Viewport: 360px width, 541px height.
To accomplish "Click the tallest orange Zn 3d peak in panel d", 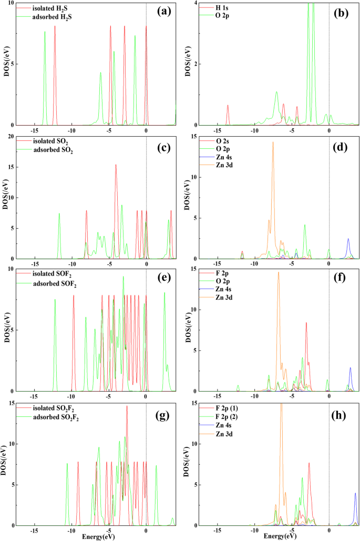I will [x=273, y=143].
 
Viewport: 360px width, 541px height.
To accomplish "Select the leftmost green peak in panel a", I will [x=45, y=33].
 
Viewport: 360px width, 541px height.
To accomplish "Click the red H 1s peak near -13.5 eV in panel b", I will [x=228, y=106].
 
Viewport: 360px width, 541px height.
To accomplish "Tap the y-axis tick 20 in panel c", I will [x=11, y=137].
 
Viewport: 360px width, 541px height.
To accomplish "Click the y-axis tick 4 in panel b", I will [x=194, y=4].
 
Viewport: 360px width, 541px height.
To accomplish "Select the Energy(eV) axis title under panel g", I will [x=95, y=536].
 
